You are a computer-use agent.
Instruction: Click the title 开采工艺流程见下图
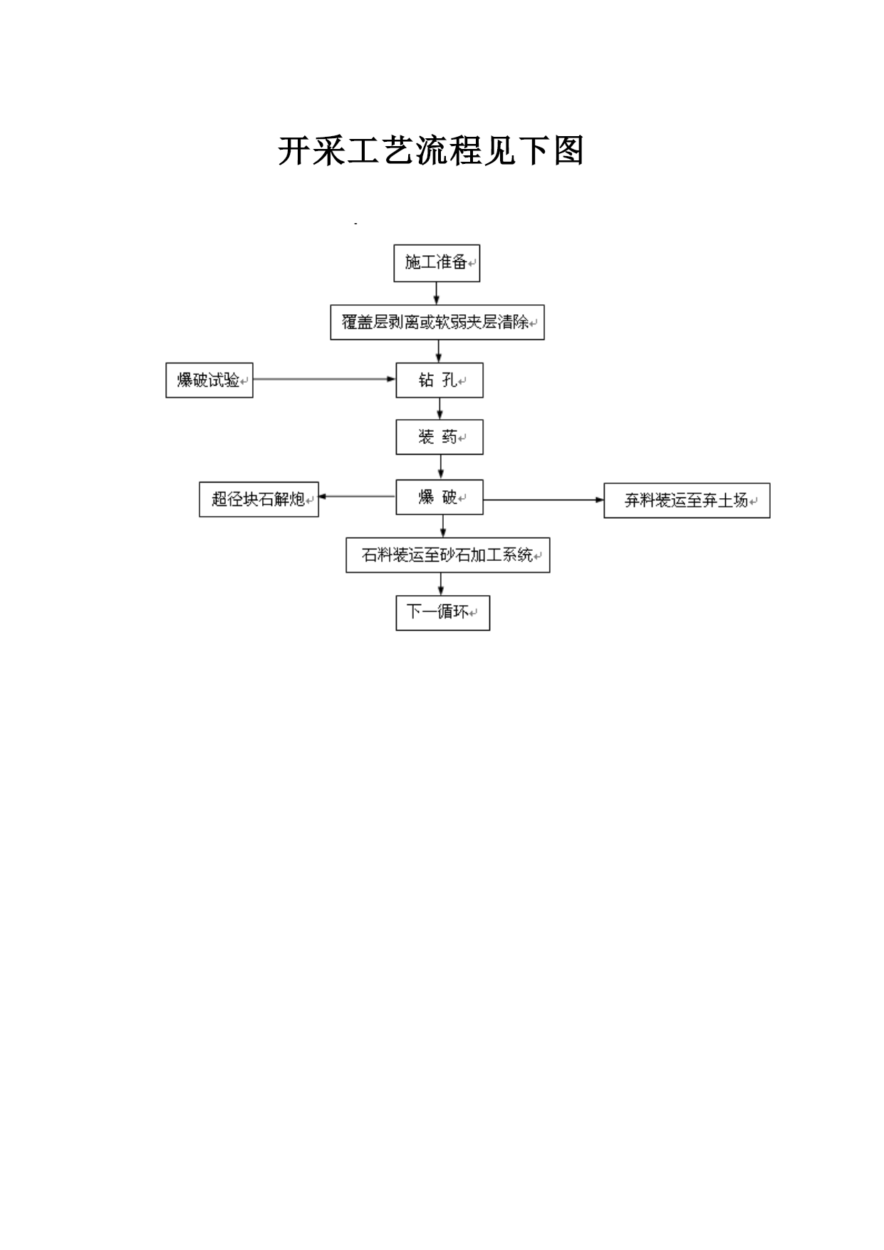click(x=431, y=151)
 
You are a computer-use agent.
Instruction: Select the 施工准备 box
click(x=437, y=263)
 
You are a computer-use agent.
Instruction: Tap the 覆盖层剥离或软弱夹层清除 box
click(x=437, y=322)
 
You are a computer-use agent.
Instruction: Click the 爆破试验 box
click(x=209, y=380)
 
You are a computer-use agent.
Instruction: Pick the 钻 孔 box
click(x=440, y=381)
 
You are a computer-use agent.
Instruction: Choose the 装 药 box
click(x=440, y=437)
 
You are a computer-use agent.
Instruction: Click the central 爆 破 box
click(x=440, y=497)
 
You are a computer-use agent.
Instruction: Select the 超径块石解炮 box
click(x=259, y=499)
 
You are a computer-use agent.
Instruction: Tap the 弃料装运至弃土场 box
click(x=687, y=500)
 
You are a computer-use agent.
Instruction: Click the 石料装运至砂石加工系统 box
click(x=448, y=555)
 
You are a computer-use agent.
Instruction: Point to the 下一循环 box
click(x=443, y=613)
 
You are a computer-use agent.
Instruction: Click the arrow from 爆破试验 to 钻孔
click(x=325, y=379)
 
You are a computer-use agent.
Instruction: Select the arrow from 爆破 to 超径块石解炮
click(x=358, y=496)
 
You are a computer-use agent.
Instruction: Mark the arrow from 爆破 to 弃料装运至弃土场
click(x=544, y=500)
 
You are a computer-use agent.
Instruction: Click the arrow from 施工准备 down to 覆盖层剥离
click(x=437, y=293)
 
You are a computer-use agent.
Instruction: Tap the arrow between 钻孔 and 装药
click(x=440, y=408)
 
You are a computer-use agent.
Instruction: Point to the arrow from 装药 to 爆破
click(x=441, y=467)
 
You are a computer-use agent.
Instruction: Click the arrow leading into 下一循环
click(x=442, y=584)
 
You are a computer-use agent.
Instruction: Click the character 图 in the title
click(x=568, y=151)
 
